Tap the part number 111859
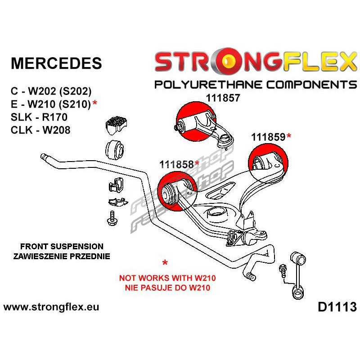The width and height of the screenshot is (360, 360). (x=268, y=137)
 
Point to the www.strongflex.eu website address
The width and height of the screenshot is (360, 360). (x=51, y=308)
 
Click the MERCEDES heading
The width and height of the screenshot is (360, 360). (x=56, y=63)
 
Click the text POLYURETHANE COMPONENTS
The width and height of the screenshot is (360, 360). (x=255, y=85)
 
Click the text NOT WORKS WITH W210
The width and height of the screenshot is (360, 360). (x=165, y=278)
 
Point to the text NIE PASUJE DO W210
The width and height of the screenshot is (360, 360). (x=165, y=287)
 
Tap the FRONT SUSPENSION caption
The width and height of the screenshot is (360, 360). (x=62, y=247)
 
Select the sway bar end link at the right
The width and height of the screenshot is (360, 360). (x=297, y=274)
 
